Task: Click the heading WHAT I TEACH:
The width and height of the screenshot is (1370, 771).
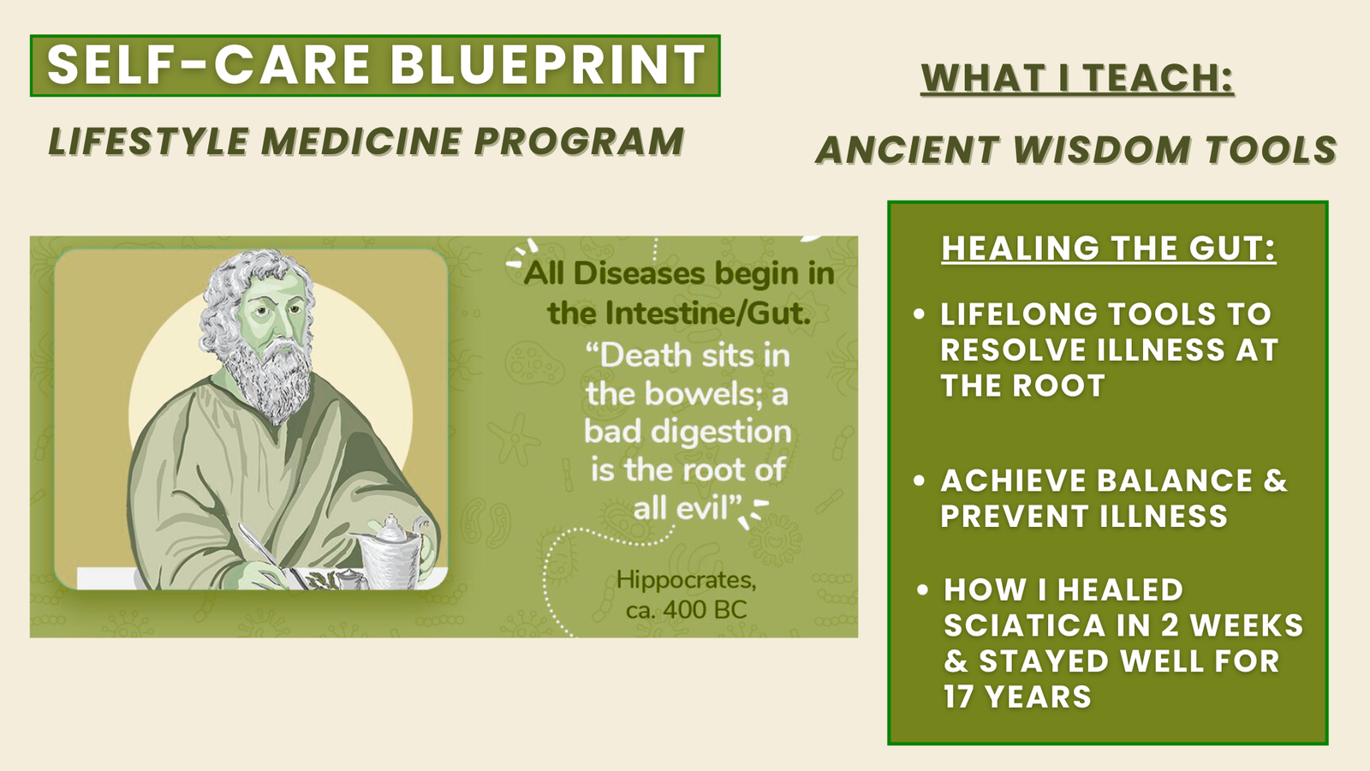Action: click(1077, 78)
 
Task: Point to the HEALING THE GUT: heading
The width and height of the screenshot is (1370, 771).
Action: click(1109, 248)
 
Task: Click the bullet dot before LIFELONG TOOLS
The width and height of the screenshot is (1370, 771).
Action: click(919, 314)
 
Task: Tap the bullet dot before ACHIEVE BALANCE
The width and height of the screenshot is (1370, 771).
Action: click(919, 481)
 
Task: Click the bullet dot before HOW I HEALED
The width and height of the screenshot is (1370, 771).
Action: click(923, 590)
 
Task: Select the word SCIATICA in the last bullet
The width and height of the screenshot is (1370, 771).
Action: click(1024, 626)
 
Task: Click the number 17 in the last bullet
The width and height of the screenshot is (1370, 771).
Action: click(956, 697)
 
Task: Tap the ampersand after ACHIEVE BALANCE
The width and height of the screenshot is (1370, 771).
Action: click(1275, 481)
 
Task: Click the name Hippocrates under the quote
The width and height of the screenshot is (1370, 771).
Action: click(686, 580)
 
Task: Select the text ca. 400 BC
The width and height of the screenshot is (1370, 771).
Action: click(686, 610)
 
